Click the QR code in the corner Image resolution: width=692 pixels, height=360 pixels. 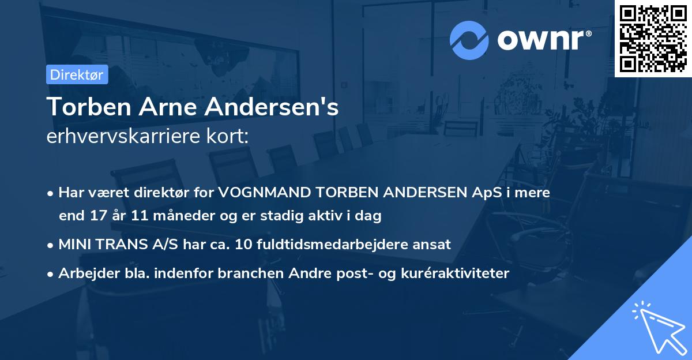click(x=653, y=39)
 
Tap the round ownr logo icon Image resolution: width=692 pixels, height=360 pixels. click(x=470, y=40)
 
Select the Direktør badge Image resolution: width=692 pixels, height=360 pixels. click(x=77, y=74)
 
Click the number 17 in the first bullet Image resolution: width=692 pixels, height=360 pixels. click(x=96, y=216)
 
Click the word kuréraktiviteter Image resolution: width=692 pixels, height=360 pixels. click(x=454, y=273)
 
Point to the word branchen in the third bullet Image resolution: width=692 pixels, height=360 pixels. click(x=243, y=273)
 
